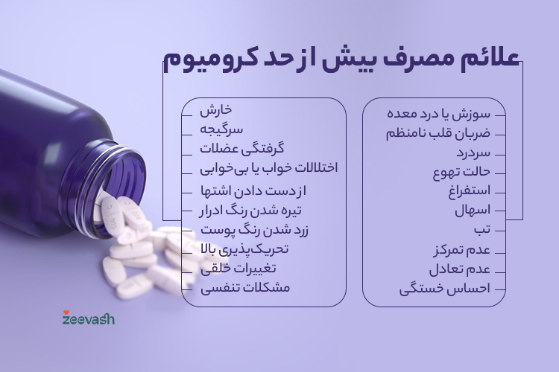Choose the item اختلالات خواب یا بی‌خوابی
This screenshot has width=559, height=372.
click(x=268, y=168)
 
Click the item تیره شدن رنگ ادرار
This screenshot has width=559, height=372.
click(x=250, y=210)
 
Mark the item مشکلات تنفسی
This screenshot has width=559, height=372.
click(x=245, y=287)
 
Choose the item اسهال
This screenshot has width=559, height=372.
click(x=472, y=211)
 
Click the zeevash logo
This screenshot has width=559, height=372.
click(x=88, y=319)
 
